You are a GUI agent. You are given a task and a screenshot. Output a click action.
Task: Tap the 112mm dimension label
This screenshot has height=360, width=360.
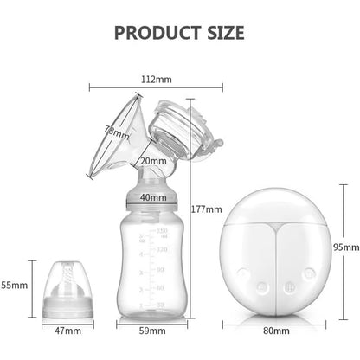(x=157, y=79)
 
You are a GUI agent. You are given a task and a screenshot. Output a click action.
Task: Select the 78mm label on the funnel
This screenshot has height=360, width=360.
(x=116, y=132)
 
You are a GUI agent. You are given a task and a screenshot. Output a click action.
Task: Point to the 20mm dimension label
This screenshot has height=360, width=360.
(x=153, y=161)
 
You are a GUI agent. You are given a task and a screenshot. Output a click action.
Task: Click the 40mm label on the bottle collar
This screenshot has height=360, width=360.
(x=153, y=197)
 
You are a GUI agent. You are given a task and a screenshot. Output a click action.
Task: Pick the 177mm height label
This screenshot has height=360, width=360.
(x=207, y=209)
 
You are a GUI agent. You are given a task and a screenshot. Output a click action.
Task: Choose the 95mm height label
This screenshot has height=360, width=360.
(x=346, y=247)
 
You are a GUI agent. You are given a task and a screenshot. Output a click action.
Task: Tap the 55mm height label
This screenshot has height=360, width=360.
(x=15, y=286)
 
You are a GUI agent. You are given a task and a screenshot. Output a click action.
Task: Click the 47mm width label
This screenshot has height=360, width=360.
(x=67, y=331)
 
